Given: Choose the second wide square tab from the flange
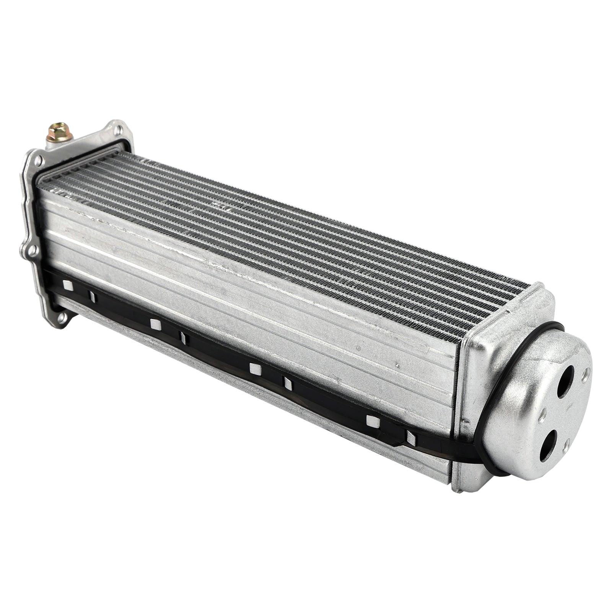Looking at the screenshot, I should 155,324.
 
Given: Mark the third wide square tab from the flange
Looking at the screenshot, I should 254,368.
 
